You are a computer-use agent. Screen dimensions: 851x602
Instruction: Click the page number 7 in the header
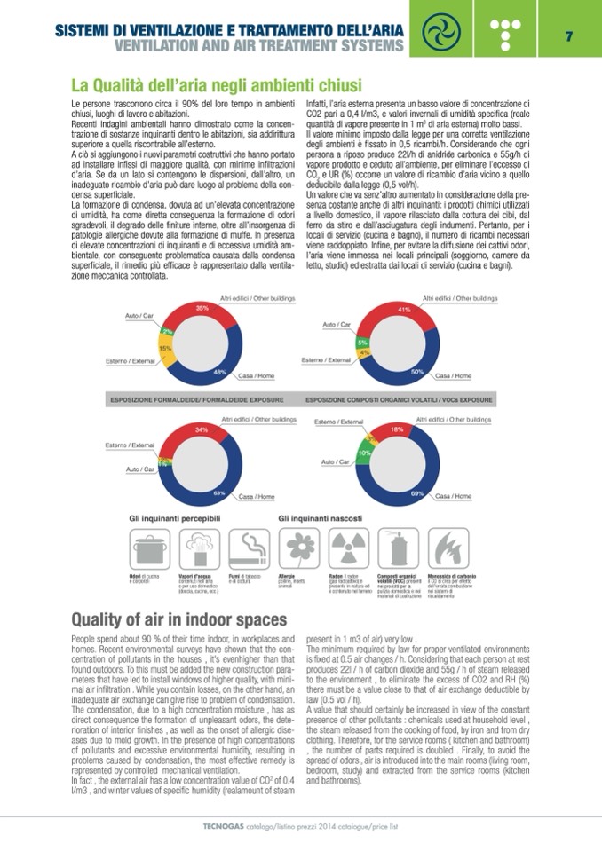click(568, 36)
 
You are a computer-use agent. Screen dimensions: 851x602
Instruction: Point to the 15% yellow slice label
click(165, 349)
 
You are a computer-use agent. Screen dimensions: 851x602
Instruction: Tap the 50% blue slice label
click(416, 373)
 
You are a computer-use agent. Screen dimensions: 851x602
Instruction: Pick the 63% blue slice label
click(219, 491)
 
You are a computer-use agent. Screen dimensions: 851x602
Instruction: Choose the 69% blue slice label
click(416, 492)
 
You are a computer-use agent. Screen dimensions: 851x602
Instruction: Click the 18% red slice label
click(397, 429)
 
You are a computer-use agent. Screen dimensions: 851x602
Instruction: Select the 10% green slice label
click(363, 453)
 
